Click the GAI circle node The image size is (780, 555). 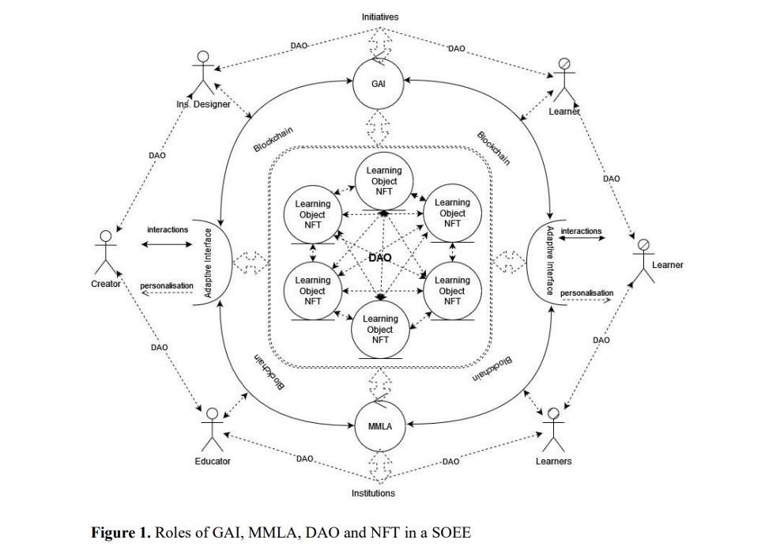point(379,83)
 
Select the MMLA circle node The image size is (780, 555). point(379,425)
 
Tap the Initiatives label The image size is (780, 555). point(380,17)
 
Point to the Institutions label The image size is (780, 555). point(373,493)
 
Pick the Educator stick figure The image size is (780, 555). point(211,428)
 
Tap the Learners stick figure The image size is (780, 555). point(553,428)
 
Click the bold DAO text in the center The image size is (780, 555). point(380,258)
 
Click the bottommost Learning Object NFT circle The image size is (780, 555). point(380,329)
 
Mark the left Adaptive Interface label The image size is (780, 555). point(209,263)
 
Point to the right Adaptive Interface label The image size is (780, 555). point(551,260)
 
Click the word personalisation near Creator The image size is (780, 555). point(167,285)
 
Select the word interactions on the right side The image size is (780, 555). point(581,231)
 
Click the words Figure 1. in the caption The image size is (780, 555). point(121,532)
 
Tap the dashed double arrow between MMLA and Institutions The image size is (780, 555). point(379,468)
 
